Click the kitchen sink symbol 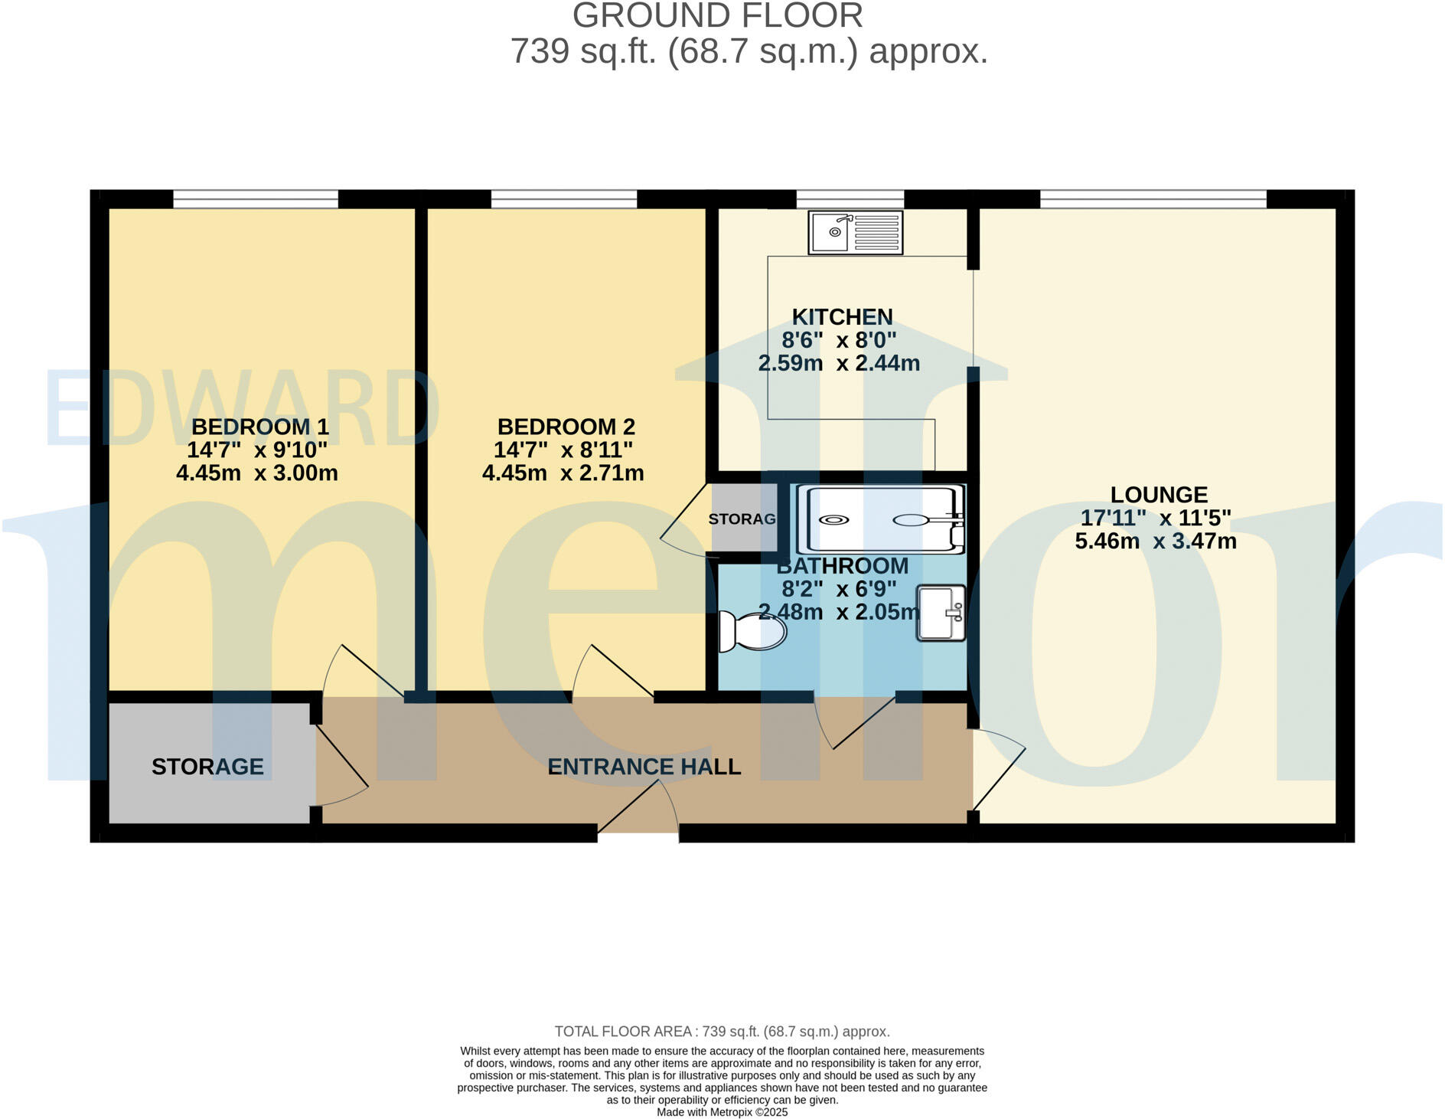click(x=856, y=232)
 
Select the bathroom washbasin click(x=941, y=613)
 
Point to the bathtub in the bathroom click(x=880, y=520)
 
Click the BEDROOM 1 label click(x=259, y=427)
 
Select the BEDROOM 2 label click(x=566, y=427)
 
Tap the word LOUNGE click(x=1159, y=495)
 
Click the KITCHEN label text click(x=842, y=317)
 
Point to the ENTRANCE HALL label click(x=644, y=767)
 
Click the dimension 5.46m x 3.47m click(x=1156, y=542)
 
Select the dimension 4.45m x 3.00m click(x=257, y=473)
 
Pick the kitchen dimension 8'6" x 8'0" click(x=839, y=340)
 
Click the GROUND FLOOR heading click(x=718, y=16)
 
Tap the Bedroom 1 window click(x=256, y=199)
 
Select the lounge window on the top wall click(x=1153, y=199)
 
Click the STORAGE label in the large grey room click(x=207, y=767)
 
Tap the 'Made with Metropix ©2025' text click(x=722, y=1112)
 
